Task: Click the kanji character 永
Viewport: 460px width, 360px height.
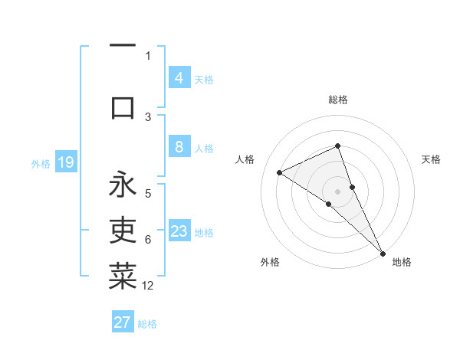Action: click(123, 185)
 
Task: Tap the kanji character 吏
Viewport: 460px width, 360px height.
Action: click(123, 229)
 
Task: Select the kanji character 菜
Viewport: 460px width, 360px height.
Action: click(123, 276)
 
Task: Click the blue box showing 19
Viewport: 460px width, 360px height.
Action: click(65, 162)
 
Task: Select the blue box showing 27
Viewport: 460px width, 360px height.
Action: click(123, 322)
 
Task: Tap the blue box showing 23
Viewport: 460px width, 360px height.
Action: click(179, 231)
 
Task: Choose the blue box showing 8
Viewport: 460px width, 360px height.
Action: click(179, 147)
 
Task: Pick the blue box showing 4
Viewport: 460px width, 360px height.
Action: click(179, 77)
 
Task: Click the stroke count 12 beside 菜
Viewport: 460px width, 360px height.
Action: click(148, 286)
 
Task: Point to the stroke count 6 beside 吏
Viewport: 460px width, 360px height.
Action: click(148, 240)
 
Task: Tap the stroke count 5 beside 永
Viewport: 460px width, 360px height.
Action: click(148, 194)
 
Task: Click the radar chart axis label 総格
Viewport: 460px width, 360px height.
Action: click(338, 100)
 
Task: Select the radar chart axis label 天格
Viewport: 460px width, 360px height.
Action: click(431, 159)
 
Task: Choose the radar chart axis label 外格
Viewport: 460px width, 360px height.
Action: click(270, 262)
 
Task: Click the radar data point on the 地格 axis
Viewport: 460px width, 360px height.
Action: click(383, 252)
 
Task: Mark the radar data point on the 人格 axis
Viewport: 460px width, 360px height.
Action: click(280, 172)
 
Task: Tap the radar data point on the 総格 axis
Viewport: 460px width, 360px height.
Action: click(338, 146)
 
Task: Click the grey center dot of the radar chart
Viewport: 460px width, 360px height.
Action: click(338, 191)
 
